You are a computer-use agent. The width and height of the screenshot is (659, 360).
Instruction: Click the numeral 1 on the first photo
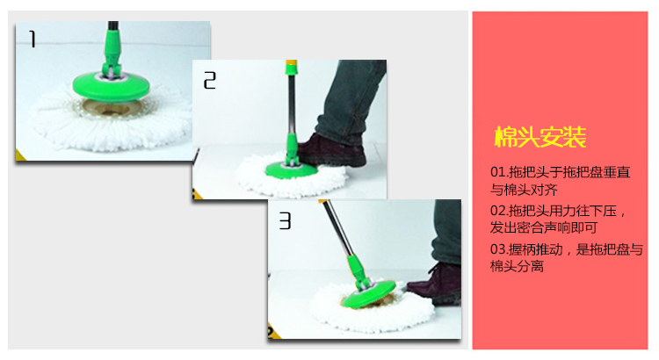(x=33, y=39)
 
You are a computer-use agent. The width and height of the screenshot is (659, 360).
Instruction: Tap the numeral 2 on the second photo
(x=210, y=80)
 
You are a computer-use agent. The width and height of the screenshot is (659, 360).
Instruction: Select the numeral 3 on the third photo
(x=285, y=220)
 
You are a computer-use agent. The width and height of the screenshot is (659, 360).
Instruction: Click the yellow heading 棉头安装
(x=540, y=136)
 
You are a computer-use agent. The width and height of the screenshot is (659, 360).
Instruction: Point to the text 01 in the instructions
(x=497, y=172)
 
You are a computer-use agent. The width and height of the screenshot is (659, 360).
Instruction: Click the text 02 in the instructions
(x=498, y=211)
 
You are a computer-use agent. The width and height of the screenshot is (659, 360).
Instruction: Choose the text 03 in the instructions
(x=498, y=249)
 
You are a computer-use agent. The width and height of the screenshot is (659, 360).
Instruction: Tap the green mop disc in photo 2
(x=291, y=169)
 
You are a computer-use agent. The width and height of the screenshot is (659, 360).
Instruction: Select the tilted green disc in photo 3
(x=369, y=294)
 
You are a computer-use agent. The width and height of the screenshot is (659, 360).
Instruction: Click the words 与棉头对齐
(x=524, y=190)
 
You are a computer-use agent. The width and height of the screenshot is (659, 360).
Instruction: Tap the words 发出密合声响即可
(x=544, y=227)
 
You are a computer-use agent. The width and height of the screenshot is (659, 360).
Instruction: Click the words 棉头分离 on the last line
(x=517, y=266)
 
